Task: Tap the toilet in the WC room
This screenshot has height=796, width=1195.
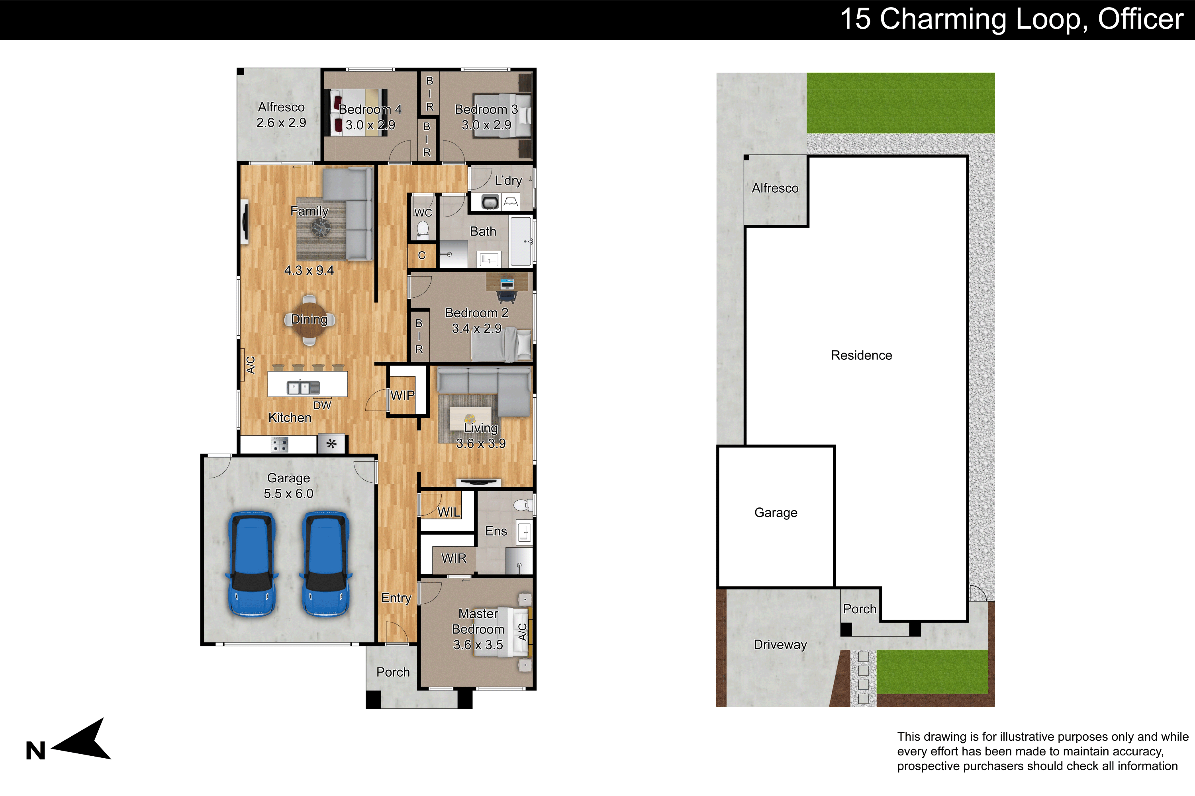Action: (x=423, y=230)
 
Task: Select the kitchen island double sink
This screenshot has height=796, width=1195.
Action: (x=303, y=388)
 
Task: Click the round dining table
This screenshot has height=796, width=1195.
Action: (x=310, y=319)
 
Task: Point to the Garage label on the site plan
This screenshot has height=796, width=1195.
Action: (x=776, y=513)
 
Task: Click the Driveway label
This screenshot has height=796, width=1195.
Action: (x=780, y=645)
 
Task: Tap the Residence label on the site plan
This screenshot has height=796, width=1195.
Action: (x=862, y=355)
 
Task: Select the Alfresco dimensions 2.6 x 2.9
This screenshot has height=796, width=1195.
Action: (x=282, y=123)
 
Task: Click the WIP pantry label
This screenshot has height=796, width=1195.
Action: (x=402, y=396)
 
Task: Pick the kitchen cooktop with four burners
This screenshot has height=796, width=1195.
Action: (x=280, y=445)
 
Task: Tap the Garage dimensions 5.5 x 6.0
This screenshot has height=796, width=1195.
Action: (x=288, y=494)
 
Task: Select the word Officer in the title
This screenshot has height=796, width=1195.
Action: (x=1141, y=19)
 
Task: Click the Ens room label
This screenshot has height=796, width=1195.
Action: (x=496, y=531)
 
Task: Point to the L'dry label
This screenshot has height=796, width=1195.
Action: (x=508, y=181)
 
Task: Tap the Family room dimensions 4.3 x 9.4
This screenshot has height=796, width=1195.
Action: (x=309, y=271)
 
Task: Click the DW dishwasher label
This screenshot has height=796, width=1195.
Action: (x=322, y=405)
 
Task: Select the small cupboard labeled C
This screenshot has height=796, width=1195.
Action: (x=422, y=256)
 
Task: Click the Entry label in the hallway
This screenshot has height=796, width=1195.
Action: (x=396, y=598)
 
